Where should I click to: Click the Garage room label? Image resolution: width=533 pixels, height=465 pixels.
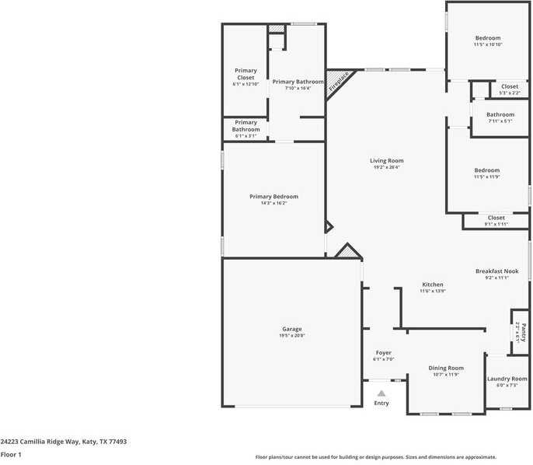point(292,329)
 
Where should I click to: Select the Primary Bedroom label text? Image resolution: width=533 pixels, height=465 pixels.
point(273,197)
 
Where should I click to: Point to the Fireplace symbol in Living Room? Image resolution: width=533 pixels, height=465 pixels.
point(340,81)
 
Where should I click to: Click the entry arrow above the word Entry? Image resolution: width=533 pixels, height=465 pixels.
point(381,393)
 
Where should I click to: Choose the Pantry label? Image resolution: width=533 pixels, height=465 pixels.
point(523,329)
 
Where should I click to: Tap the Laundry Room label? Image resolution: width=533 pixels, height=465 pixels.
point(507,379)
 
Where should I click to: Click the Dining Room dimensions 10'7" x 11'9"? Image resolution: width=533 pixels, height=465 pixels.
point(446,375)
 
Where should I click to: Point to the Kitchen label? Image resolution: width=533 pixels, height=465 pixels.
point(432,285)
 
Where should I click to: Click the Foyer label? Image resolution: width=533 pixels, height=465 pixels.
point(384,353)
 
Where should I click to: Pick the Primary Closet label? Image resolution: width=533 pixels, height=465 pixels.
point(246,74)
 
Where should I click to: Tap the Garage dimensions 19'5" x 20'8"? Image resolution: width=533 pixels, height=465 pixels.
point(292,336)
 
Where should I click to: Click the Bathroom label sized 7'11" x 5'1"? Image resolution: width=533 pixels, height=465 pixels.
point(500,114)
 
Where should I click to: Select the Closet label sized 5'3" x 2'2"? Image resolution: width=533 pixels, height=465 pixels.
point(510,86)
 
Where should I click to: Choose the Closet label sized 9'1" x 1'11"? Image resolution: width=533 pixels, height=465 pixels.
point(496,218)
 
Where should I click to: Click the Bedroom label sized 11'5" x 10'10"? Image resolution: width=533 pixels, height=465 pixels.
point(488,38)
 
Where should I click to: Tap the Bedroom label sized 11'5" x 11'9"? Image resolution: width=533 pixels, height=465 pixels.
point(487,170)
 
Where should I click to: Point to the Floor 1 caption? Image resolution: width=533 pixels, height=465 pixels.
point(11,454)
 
